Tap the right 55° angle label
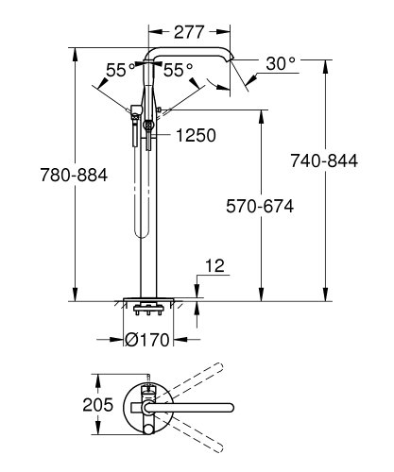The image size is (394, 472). (178, 71)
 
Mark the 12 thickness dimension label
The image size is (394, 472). (214, 269)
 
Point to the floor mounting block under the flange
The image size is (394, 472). (147, 308)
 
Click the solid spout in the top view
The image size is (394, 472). (189, 406)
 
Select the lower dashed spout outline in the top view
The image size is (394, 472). (194, 432)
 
